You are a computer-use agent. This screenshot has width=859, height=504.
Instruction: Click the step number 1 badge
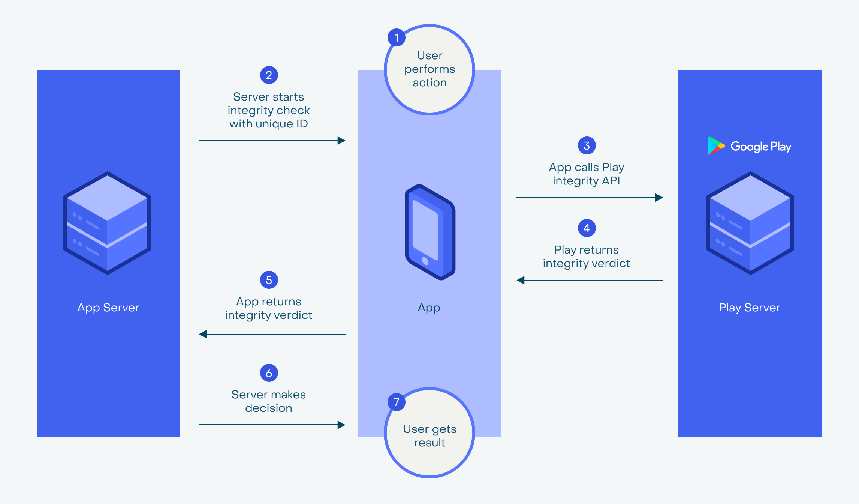point(396,37)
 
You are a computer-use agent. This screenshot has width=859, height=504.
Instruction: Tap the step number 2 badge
point(269,75)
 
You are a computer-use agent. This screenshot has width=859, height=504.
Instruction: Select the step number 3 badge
point(587,145)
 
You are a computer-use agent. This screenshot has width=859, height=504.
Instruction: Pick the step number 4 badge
point(587,228)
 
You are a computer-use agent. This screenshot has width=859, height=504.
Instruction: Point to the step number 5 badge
point(269,280)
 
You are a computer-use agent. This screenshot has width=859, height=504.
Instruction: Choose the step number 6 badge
point(269,373)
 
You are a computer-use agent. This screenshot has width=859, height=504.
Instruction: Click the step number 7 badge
point(396,402)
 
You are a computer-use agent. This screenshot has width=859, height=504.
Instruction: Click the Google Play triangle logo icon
point(716,146)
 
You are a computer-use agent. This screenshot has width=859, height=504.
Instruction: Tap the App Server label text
point(108,307)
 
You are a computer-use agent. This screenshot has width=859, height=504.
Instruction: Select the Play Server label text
point(750,307)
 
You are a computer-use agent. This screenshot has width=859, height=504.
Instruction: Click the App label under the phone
point(429,307)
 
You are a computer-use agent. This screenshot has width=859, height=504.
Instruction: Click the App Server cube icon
point(107,223)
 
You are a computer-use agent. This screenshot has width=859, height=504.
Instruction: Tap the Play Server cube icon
point(750,223)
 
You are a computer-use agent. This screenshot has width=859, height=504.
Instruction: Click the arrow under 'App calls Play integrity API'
point(590,197)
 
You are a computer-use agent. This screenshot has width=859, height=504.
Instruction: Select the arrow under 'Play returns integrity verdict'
point(590,280)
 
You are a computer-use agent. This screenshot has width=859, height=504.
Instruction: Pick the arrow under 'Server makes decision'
point(272,424)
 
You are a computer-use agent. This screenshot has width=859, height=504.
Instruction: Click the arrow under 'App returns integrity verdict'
point(272,334)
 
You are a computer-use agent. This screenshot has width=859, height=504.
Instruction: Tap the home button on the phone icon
point(425,261)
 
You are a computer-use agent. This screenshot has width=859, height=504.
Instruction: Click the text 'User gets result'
point(429,436)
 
